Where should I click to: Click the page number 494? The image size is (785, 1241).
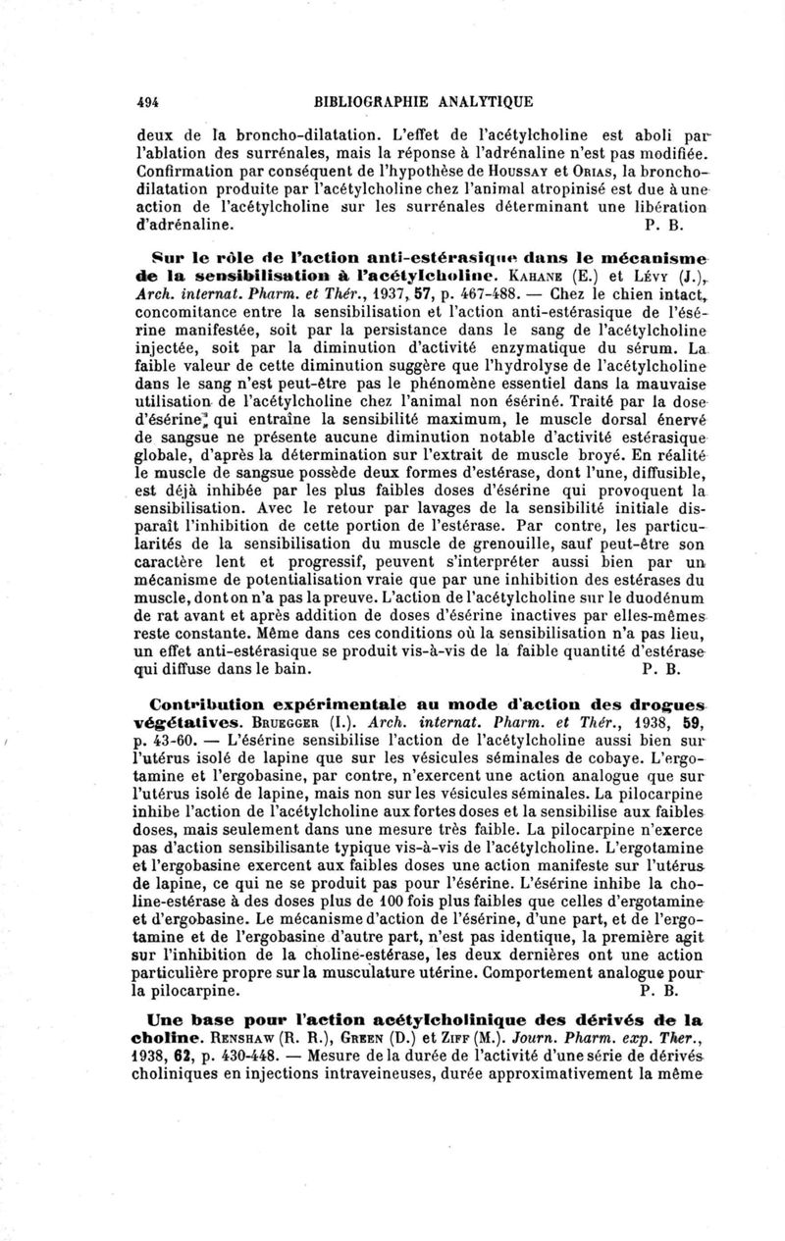[149, 99]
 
